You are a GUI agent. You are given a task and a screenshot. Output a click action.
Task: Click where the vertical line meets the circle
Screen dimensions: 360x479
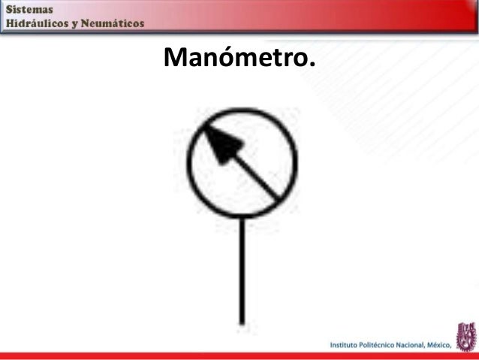point(242,216)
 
